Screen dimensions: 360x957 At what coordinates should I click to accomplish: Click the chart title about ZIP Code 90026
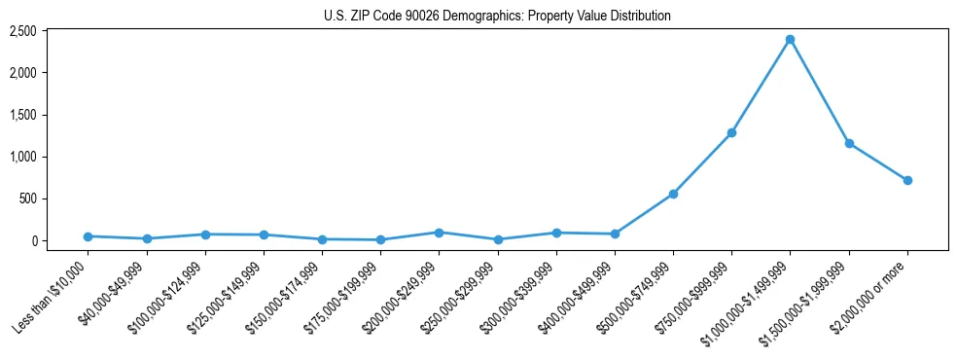coord(497,17)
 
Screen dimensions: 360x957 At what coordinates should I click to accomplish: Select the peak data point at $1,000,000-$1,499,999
coord(790,40)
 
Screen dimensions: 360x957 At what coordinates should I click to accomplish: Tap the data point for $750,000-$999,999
coord(731,132)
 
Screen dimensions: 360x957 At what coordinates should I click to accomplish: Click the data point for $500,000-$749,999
coord(673,194)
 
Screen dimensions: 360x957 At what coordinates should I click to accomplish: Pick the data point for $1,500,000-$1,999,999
coord(849,143)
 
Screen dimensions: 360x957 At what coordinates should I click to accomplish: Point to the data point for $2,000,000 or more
coord(907,180)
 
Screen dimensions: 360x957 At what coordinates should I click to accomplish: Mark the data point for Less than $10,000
coord(88,236)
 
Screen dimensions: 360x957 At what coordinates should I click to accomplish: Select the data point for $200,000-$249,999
coord(439,233)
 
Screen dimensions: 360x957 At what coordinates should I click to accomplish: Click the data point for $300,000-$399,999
coord(556,233)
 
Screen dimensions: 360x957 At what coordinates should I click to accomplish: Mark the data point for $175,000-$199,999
coord(380,239)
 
